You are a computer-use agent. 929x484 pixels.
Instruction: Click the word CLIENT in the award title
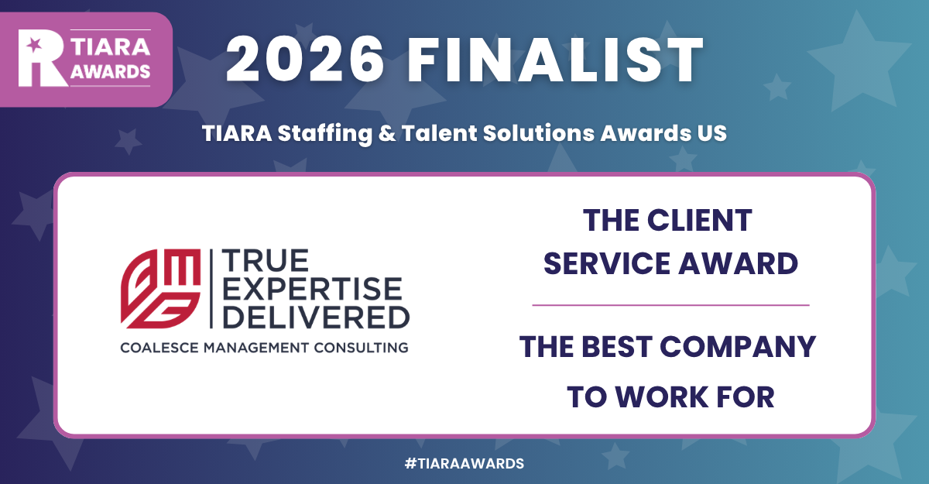[x=702, y=221]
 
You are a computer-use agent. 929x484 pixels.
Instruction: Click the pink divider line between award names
[x=670, y=305]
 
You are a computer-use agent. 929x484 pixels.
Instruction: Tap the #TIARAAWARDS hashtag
[x=464, y=463]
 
